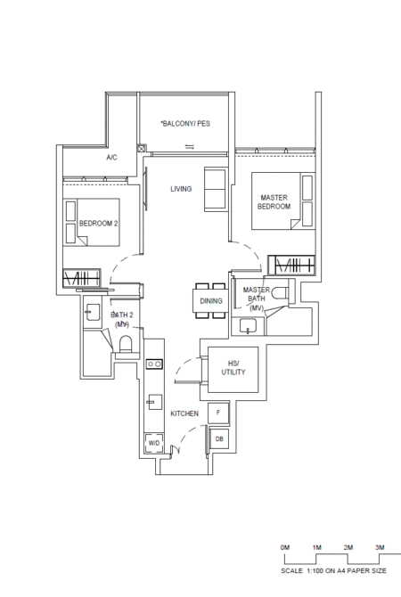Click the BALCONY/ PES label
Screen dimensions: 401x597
[x=185, y=123]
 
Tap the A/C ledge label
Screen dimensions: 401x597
[x=111, y=157]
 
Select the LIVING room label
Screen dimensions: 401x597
[x=181, y=189]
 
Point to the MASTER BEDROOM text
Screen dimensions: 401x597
[x=274, y=202]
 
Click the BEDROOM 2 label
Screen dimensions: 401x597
[x=98, y=224]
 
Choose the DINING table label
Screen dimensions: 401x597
[x=211, y=301]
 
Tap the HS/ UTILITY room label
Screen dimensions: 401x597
[x=233, y=368]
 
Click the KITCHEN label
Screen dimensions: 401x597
[x=184, y=413]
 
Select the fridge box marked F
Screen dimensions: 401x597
[x=218, y=413]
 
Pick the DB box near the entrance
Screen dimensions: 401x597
[x=219, y=439]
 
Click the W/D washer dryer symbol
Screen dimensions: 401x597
[x=154, y=443]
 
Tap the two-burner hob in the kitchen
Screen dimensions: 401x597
[x=155, y=364]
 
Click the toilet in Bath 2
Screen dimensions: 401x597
[x=126, y=345]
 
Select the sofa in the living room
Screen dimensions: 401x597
[x=215, y=189]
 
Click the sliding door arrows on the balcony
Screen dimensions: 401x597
[x=190, y=147]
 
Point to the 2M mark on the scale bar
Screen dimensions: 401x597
[x=348, y=547]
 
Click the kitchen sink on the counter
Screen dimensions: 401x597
[x=155, y=402]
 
